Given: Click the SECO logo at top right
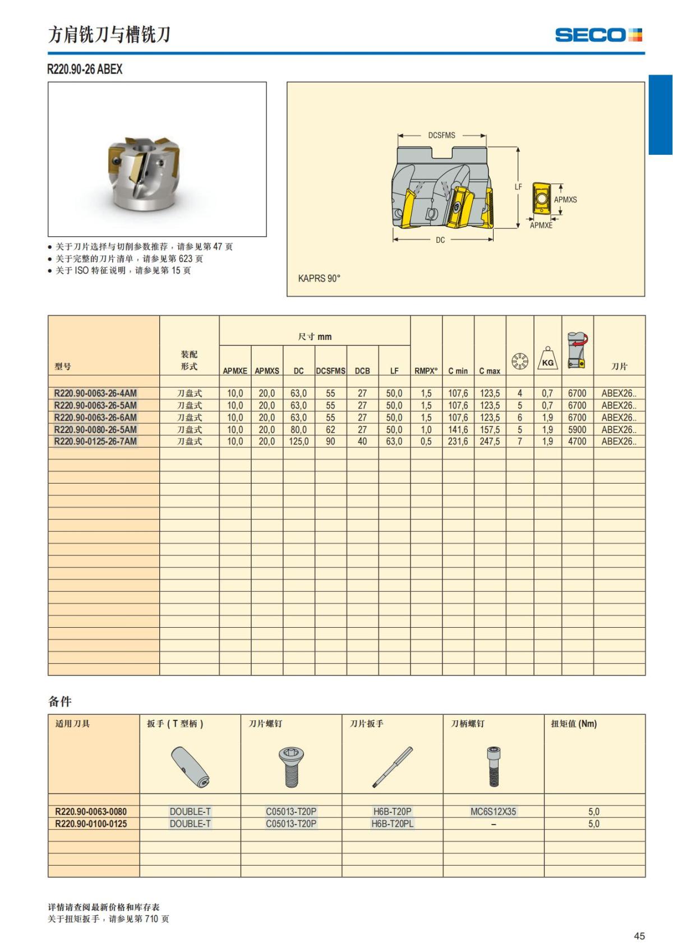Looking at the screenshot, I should click(x=598, y=35).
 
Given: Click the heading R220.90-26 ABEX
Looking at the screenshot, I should click(x=85, y=69).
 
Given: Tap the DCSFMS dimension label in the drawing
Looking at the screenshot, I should click(x=441, y=135).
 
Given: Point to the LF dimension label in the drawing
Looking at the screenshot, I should click(x=518, y=187).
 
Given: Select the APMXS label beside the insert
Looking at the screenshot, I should click(x=565, y=199).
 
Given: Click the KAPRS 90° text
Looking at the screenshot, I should click(x=319, y=278).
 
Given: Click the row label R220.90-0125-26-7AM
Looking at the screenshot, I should click(x=95, y=441).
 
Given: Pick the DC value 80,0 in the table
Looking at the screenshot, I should click(x=298, y=430).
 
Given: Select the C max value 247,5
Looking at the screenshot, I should click(x=490, y=441).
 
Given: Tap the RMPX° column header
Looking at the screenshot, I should click(x=426, y=371).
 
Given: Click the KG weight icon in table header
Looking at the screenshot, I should click(x=547, y=358).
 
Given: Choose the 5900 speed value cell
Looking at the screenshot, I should click(x=577, y=430).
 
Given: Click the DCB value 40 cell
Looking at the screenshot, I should click(x=362, y=441).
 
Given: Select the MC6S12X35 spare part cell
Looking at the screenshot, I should click(x=493, y=811).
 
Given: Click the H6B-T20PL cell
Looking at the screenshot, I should click(x=392, y=824).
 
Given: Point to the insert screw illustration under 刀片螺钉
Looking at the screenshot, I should click(x=291, y=766).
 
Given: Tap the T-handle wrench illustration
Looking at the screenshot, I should click(x=190, y=766).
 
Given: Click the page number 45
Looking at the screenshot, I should click(x=639, y=936).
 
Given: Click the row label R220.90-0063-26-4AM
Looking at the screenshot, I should click(x=95, y=393).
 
